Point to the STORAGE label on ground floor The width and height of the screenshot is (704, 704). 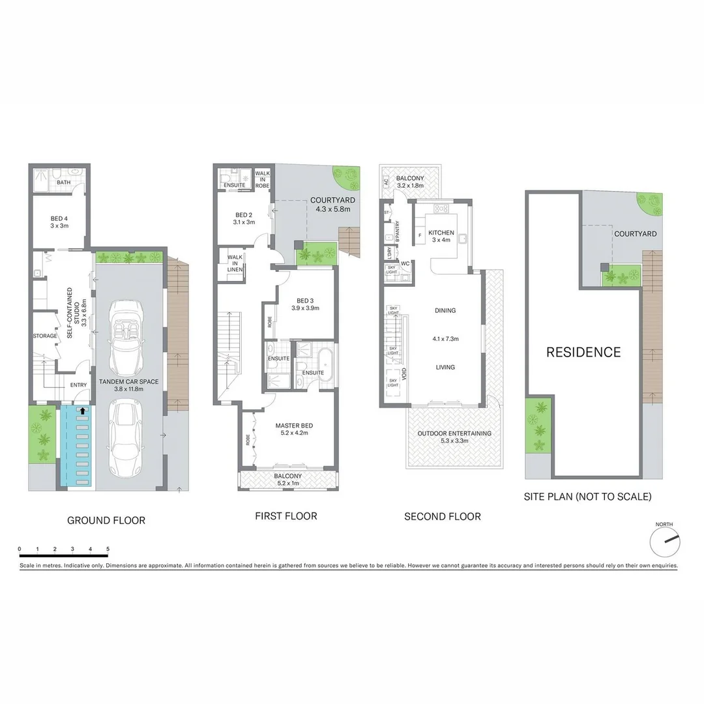tap(45, 336)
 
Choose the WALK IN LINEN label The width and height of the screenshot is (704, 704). tap(235, 263)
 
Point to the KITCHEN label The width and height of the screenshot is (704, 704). tap(441, 233)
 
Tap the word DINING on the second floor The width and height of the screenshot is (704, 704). tap(445, 311)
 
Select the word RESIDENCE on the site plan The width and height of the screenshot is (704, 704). tap(583, 353)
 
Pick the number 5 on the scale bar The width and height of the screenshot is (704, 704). tap(108, 549)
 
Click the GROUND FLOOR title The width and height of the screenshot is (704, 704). tap(106, 520)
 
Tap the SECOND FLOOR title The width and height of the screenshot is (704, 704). tap(443, 517)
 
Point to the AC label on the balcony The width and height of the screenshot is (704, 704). tap(386, 183)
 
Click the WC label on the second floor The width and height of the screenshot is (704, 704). tap(405, 264)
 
